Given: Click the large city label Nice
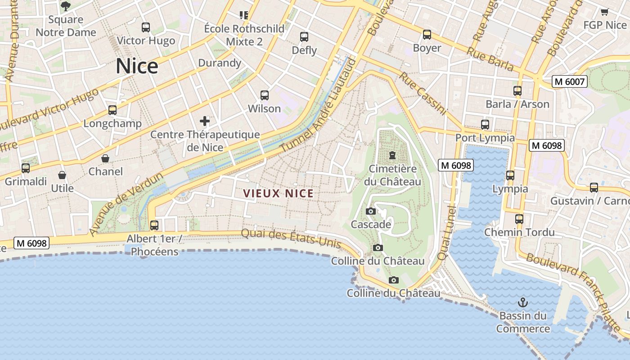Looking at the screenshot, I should [x=137, y=66].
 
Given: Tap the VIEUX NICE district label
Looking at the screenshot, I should [x=278, y=193].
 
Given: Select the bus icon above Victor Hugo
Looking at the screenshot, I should [x=145, y=27].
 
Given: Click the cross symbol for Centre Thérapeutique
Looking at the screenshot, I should [x=205, y=121].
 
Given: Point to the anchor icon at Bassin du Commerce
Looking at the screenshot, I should [x=522, y=302].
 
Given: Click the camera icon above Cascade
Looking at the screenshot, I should [x=370, y=211].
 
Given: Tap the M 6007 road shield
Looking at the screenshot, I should [x=570, y=81].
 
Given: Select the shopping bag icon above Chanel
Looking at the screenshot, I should [x=105, y=158].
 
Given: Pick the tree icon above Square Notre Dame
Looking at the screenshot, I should [x=66, y=6].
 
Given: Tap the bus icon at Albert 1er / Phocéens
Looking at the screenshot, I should [x=154, y=225].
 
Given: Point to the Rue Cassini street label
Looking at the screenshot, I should [x=423, y=94].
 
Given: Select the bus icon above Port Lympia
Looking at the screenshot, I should [x=485, y=125].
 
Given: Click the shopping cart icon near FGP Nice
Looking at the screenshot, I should [x=604, y=12].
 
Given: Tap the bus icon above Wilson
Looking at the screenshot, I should [x=264, y=95].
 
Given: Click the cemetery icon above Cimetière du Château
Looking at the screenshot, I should [x=392, y=156].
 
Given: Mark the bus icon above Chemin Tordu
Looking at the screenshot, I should [x=519, y=219].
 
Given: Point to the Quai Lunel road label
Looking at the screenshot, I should [x=446, y=233].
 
